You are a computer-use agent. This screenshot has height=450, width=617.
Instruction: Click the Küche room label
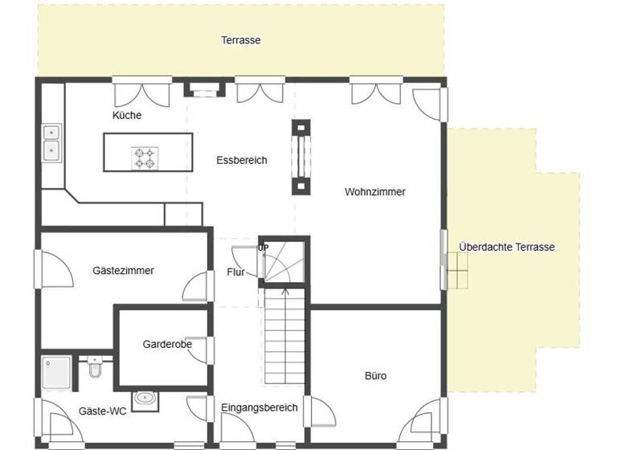(127, 115)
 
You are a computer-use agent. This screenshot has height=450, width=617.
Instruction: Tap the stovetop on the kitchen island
(145, 157)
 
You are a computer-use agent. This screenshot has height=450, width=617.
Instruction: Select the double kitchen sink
(52, 141)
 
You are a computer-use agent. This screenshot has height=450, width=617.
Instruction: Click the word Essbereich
(242, 160)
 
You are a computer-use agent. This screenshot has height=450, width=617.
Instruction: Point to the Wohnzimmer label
(375, 192)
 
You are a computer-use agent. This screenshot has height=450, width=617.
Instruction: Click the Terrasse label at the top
(241, 40)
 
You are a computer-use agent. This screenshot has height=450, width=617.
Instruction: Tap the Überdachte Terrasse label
(507, 247)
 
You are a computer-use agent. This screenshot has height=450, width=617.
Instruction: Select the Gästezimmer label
(123, 271)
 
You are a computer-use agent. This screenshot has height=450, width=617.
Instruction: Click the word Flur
(235, 272)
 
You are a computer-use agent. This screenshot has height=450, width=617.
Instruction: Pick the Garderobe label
(167, 344)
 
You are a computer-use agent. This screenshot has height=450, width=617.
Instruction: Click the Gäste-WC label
(102, 411)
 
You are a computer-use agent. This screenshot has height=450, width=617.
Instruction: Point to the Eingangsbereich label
(259, 407)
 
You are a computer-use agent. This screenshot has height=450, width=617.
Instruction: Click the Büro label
(376, 375)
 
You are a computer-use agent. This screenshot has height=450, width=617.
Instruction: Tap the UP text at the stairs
(263, 247)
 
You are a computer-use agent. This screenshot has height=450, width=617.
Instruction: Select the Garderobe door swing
(198, 350)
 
